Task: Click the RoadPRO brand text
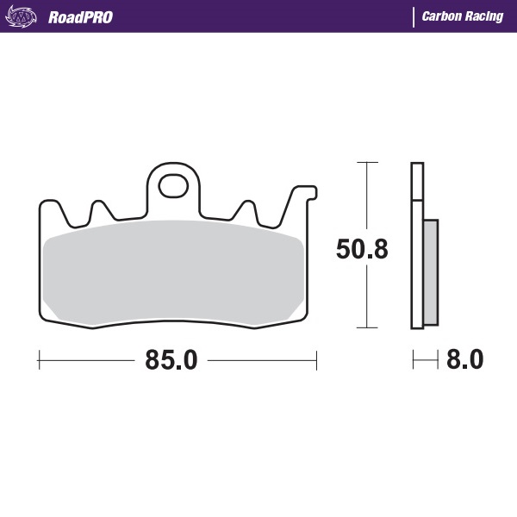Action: coord(80,17)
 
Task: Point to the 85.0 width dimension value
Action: coord(171,360)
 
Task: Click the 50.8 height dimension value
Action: coord(361,249)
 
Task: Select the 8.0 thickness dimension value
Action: coord(465,360)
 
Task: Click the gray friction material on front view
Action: coord(172,271)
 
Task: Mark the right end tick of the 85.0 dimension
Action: coord(318,360)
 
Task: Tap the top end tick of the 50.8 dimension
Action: coord(368,161)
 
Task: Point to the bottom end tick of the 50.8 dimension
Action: coord(368,328)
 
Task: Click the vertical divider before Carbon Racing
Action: coord(414,17)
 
